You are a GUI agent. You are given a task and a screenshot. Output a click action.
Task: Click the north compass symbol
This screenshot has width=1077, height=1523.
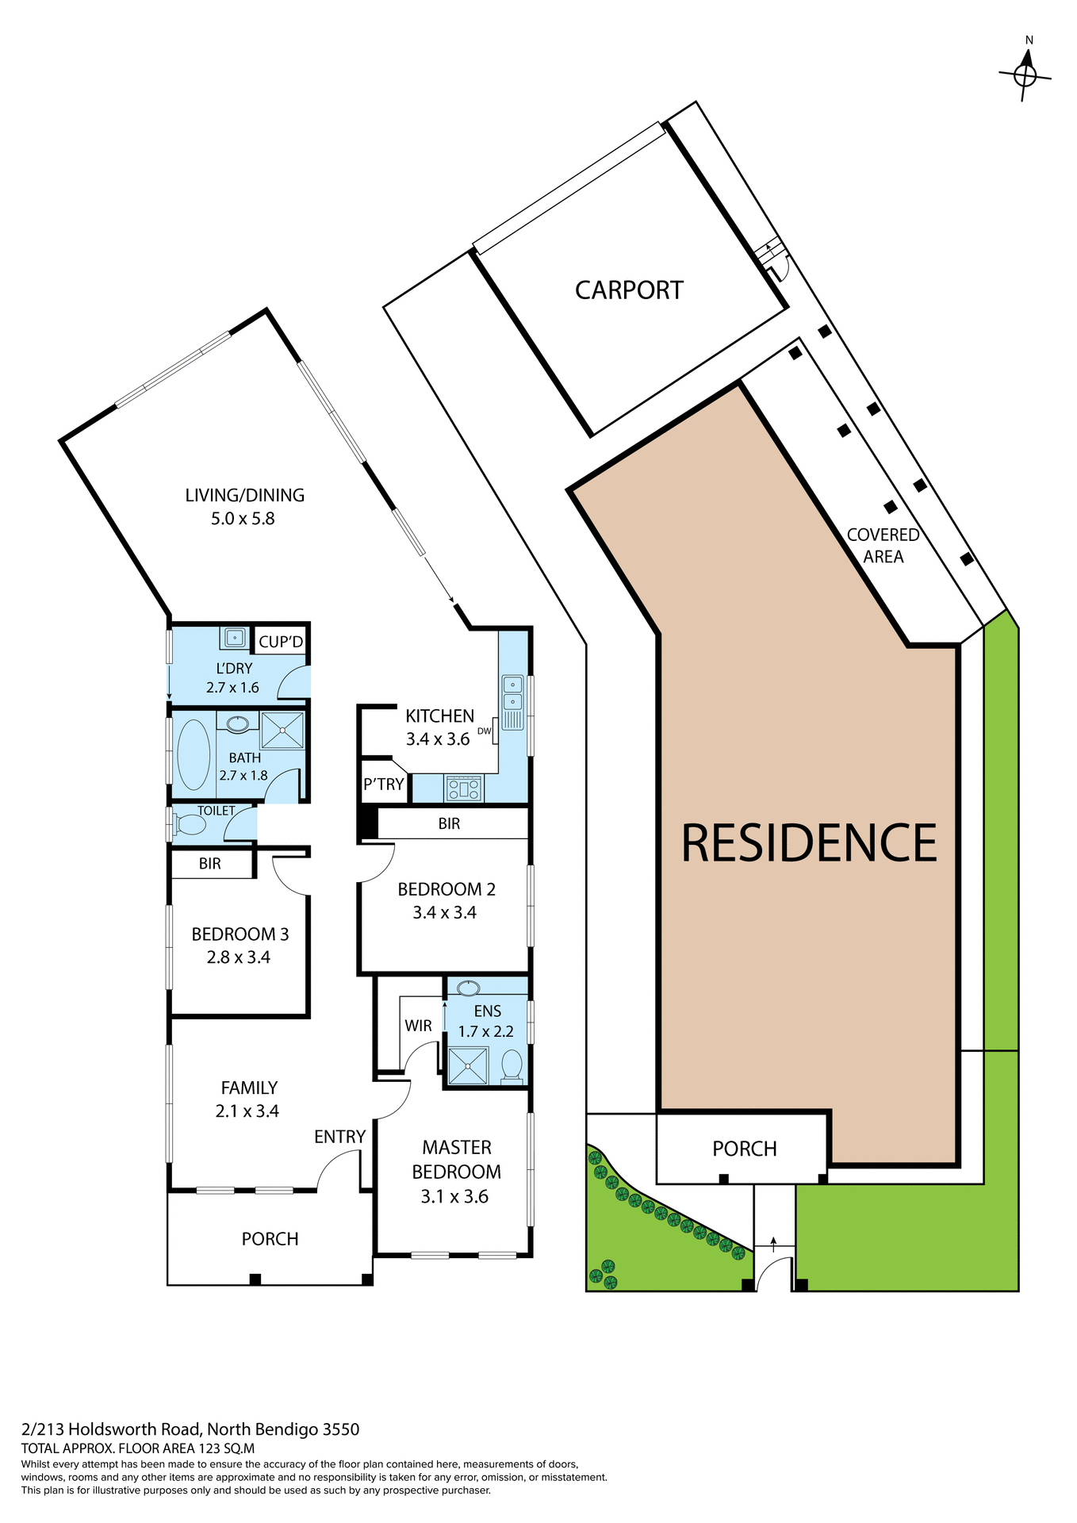click(1025, 74)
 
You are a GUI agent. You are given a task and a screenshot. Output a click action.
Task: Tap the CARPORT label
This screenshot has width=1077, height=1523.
click(629, 290)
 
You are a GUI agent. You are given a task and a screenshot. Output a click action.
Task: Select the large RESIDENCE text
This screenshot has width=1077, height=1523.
click(809, 842)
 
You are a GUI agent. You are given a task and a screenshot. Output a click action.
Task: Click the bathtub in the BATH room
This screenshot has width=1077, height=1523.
click(193, 754)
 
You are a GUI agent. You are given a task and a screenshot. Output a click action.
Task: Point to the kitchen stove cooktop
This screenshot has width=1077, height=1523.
click(464, 788)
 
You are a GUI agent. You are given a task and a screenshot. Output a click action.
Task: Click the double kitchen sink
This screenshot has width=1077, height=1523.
click(512, 692)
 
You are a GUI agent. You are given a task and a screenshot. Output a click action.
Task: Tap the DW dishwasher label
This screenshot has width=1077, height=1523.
click(484, 731)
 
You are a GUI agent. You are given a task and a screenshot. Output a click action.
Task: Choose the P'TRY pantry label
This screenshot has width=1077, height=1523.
click(383, 785)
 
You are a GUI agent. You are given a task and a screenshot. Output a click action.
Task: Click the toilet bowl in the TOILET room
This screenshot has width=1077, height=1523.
click(190, 825)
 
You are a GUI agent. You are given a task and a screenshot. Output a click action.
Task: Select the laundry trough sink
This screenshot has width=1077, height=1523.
click(235, 637)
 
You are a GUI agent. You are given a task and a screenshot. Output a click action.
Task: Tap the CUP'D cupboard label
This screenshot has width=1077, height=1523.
click(281, 642)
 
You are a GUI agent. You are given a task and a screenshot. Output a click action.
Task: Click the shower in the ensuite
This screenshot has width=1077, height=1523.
click(467, 1065)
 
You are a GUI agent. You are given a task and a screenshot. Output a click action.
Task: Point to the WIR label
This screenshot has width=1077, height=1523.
click(418, 1026)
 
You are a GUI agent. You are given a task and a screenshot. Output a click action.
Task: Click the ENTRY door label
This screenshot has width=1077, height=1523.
click(339, 1137)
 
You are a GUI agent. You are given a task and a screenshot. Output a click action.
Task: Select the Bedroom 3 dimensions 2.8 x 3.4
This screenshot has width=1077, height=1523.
click(239, 957)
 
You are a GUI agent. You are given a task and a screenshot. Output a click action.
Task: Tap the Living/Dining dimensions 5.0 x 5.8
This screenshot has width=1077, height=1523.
click(243, 519)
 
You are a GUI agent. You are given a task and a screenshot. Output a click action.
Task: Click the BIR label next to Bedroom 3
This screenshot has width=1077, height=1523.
click(210, 864)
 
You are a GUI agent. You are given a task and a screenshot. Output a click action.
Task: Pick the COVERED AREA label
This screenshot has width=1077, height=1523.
click(883, 546)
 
